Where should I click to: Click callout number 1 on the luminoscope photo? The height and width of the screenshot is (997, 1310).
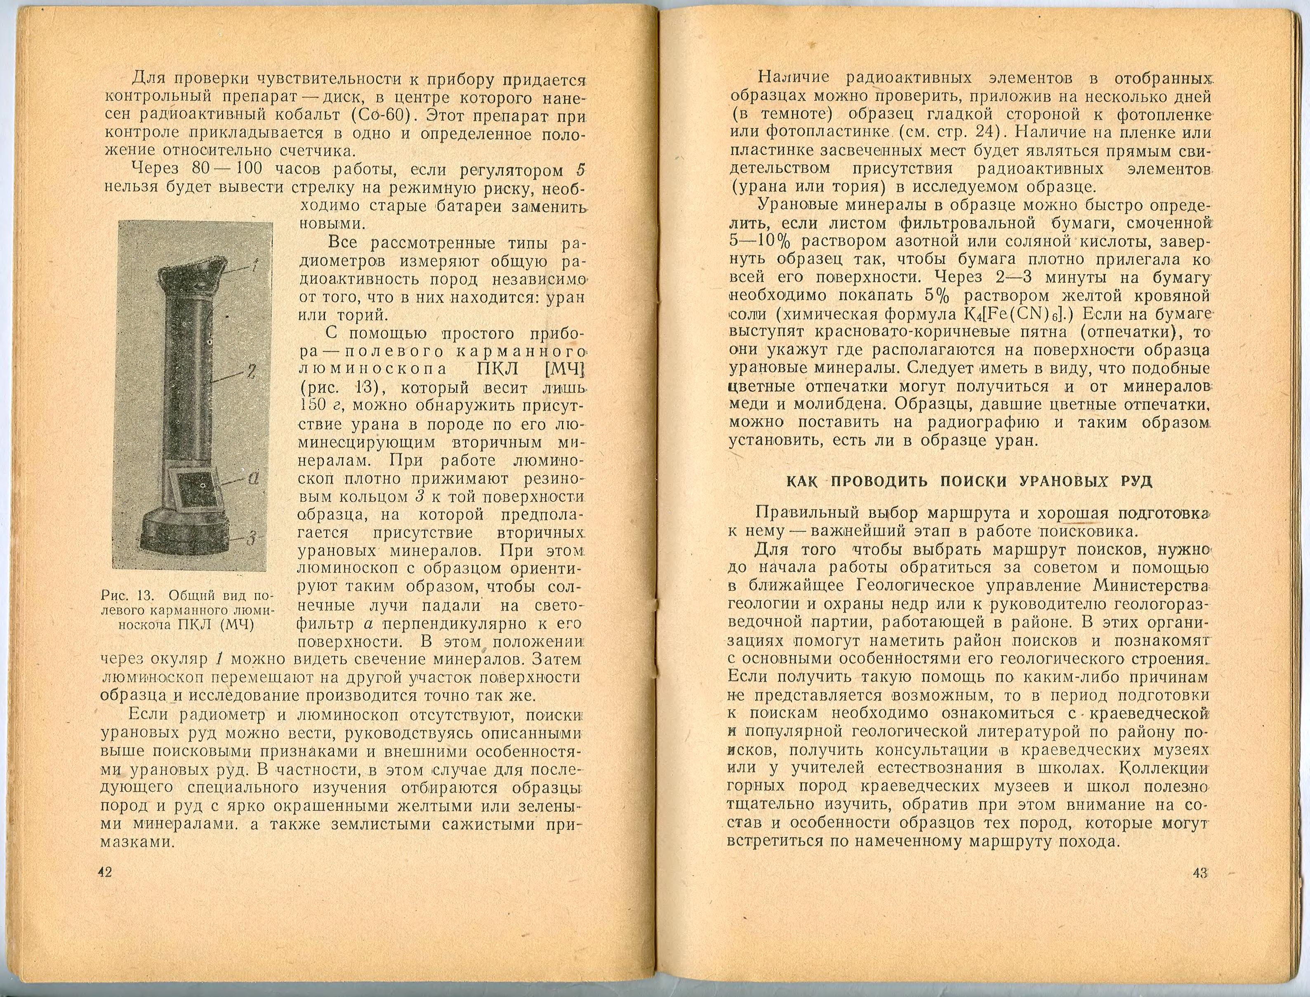tap(254, 266)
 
